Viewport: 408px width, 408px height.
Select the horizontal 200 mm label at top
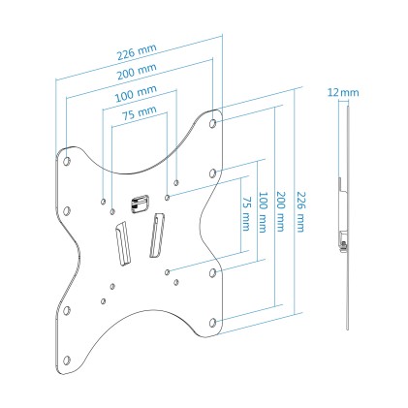click(x=135, y=71)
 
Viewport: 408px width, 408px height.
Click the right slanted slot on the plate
click(x=155, y=236)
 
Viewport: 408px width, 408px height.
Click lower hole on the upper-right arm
click(x=213, y=173)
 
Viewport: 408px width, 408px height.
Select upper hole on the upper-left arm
click(x=66, y=152)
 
